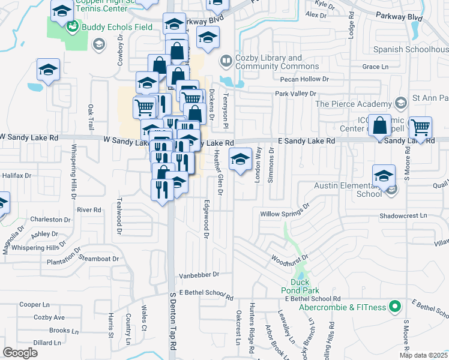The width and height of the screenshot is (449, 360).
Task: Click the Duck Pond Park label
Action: (x=300, y=285)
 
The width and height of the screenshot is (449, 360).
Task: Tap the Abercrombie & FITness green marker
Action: (x=395, y=307)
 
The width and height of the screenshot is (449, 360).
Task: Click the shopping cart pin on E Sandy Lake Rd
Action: (x=421, y=129)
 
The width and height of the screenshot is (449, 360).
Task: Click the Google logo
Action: (x=20, y=352)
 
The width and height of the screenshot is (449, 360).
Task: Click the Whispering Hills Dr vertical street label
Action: (x=73, y=171)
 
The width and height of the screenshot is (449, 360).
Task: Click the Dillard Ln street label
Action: (x=47, y=343)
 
